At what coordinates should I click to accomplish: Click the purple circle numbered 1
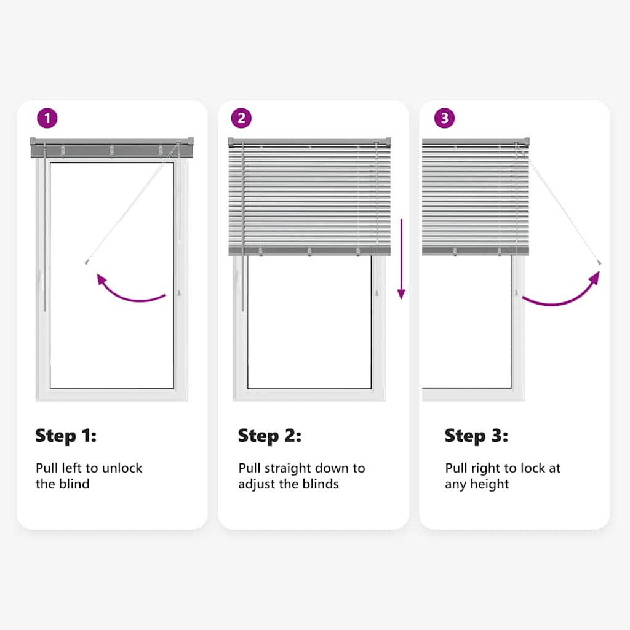47,118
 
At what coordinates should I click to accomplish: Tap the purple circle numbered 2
241,118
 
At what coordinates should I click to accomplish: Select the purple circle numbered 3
444,118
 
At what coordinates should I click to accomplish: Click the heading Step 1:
66,436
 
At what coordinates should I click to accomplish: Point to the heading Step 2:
269,436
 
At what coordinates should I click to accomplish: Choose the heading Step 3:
476,436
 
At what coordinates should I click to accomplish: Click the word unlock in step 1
122,468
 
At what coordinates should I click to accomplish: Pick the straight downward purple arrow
401,259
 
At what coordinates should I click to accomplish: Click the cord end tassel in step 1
86,262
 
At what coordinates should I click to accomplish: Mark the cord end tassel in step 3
599,263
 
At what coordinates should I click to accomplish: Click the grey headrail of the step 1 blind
112,148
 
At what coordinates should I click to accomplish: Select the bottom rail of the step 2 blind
309,252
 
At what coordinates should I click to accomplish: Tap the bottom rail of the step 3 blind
476,252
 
